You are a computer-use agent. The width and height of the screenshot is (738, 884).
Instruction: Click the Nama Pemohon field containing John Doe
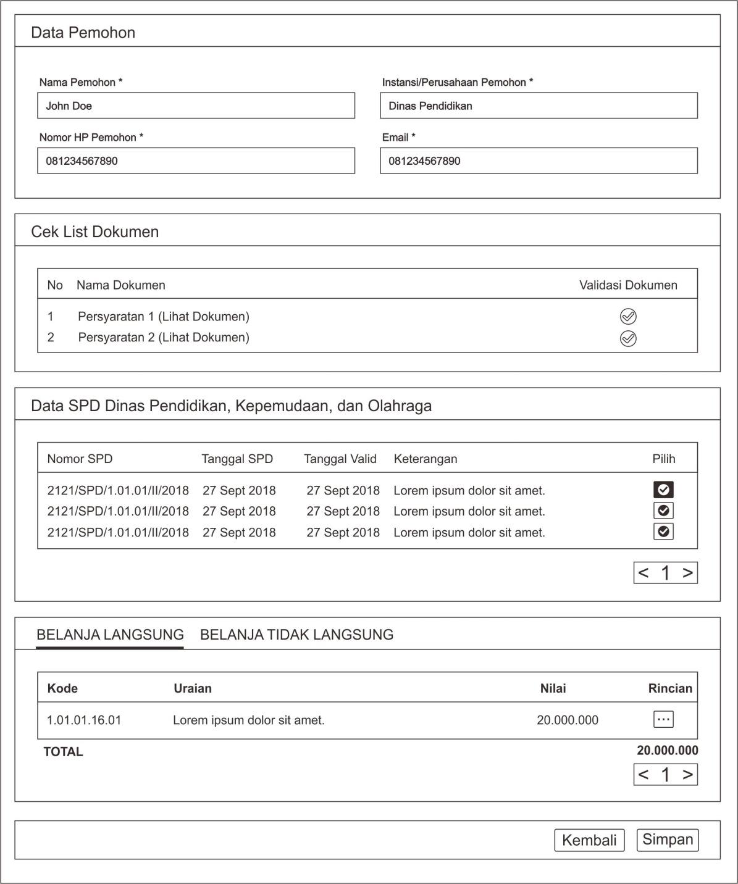click(x=196, y=106)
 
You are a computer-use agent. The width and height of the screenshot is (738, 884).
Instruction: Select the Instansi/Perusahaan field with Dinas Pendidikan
click(x=539, y=106)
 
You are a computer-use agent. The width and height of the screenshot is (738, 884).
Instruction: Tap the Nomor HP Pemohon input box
click(x=196, y=161)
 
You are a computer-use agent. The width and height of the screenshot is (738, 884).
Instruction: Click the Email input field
click(x=539, y=161)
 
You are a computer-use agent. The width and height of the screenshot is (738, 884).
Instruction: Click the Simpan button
click(x=668, y=840)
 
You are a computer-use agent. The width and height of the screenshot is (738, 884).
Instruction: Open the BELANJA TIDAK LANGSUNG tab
click(x=296, y=635)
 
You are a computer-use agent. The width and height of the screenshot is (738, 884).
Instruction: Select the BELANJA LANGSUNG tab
click(x=110, y=635)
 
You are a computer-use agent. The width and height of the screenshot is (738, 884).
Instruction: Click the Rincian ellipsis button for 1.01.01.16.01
click(x=663, y=719)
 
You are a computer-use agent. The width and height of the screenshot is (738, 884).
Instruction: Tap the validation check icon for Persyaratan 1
click(x=628, y=317)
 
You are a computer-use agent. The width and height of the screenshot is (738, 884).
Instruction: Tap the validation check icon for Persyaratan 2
click(x=628, y=338)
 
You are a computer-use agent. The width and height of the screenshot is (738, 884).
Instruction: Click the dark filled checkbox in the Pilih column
click(x=663, y=490)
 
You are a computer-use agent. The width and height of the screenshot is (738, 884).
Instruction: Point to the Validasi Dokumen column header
click(x=628, y=285)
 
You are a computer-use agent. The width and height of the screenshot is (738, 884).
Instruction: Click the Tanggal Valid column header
click(x=340, y=459)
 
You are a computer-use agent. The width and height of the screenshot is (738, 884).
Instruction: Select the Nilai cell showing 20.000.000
click(x=568, y=720)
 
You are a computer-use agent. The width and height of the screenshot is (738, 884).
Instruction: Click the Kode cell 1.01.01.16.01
click(x=84, y=720)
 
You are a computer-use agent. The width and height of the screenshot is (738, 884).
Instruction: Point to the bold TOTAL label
click(x=63, y=752)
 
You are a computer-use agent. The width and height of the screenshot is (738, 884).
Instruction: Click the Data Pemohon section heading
click(x=83, y=33)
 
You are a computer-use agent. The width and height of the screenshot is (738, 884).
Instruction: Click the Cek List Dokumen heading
click(x=94, y=232)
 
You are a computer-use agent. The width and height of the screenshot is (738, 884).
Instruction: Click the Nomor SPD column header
click(x=80, y=459)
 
